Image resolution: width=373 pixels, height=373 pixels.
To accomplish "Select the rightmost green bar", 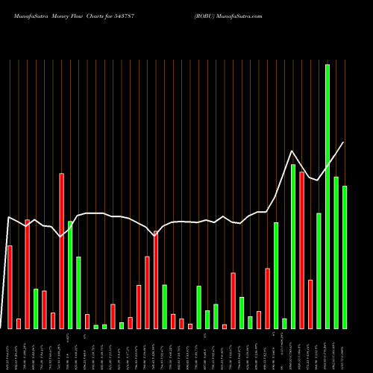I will [345, 257].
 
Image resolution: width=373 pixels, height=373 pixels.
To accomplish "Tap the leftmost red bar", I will [10, 287].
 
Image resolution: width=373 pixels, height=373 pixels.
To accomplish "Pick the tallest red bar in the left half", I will [61, 251].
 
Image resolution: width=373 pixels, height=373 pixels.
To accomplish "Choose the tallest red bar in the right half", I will [301, 250].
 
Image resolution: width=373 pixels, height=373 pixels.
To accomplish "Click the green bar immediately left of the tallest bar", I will [319, 271].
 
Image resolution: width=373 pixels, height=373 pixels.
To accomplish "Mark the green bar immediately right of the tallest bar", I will [336, 253].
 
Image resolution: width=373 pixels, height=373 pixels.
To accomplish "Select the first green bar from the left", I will [35, 309].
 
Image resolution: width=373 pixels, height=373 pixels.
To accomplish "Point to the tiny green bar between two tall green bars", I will [284, 324].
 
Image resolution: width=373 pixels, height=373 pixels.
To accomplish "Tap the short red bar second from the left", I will [19, 324].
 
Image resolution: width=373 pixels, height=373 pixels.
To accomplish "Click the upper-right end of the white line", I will [344, 142].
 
